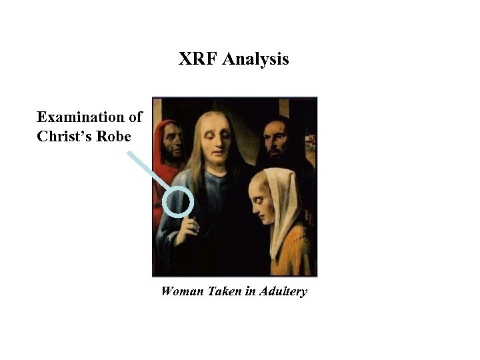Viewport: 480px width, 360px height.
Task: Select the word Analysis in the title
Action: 256,60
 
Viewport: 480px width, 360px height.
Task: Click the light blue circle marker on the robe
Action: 177,203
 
